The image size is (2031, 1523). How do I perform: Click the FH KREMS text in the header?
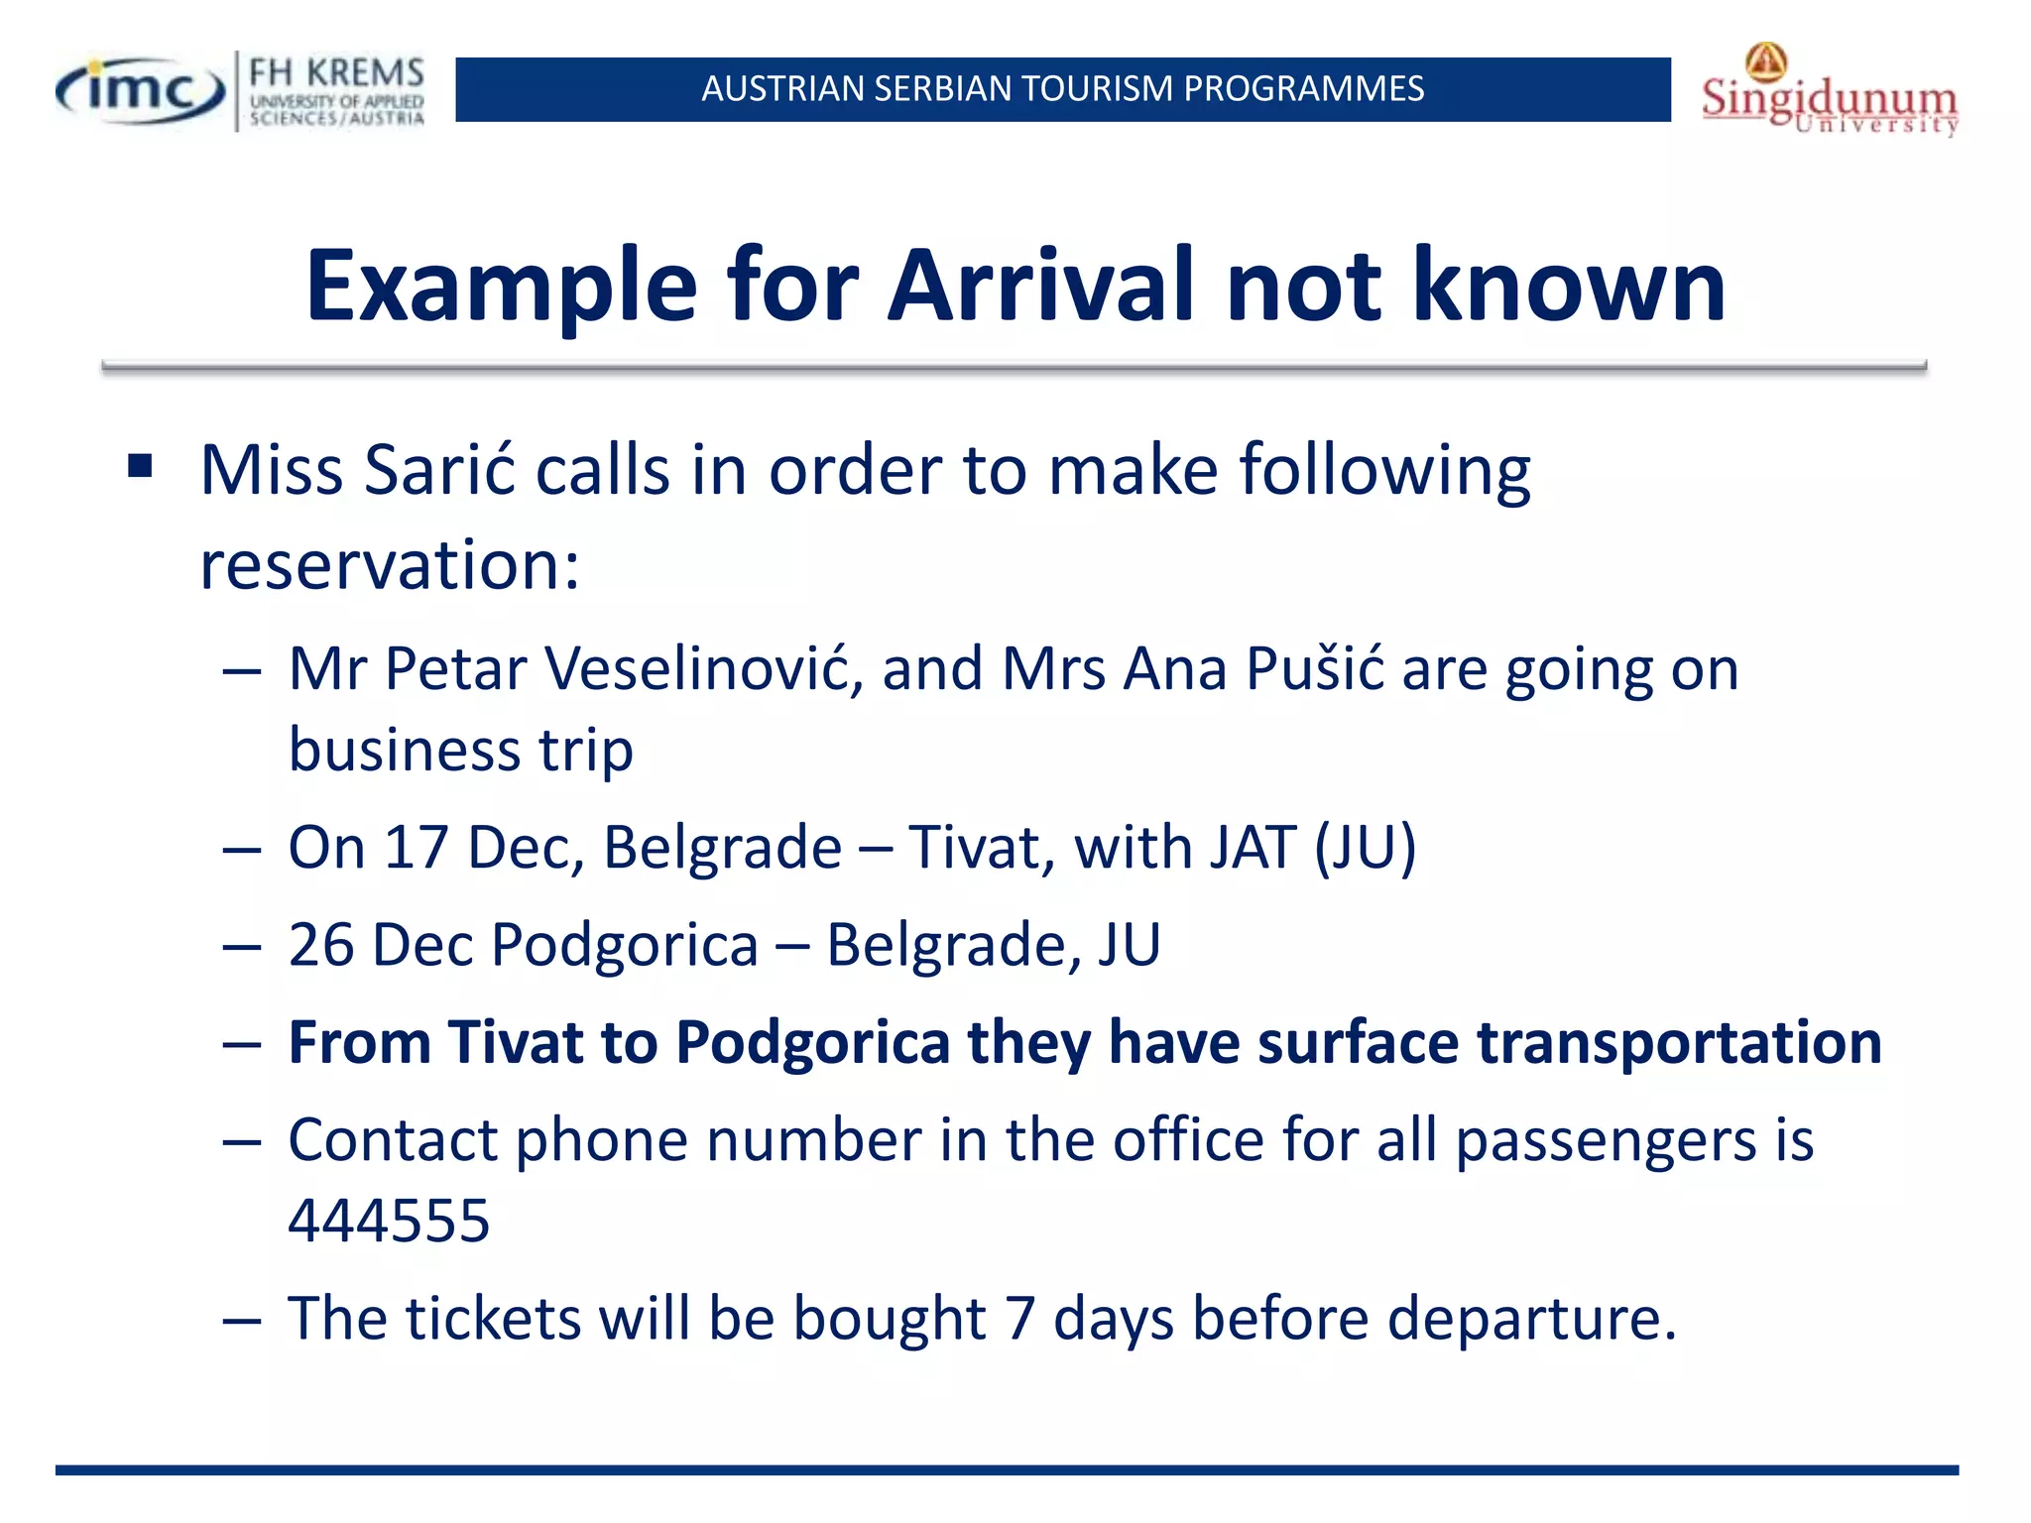click(x=336, y=73)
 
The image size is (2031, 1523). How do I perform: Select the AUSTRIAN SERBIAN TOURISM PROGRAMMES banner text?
click(x=1062, y=89)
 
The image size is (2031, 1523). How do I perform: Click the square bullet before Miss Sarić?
click(x=140, y=466)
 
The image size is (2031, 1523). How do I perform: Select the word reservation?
click(x=390, y=565)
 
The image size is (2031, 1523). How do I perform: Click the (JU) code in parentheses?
click(x=1365, y=848)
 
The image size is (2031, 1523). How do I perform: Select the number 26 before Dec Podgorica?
click(x=321, y=944)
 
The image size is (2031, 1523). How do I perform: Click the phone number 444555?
click(x=389, y=1221)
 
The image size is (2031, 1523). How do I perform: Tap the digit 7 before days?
click(x=1020, y=1319)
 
